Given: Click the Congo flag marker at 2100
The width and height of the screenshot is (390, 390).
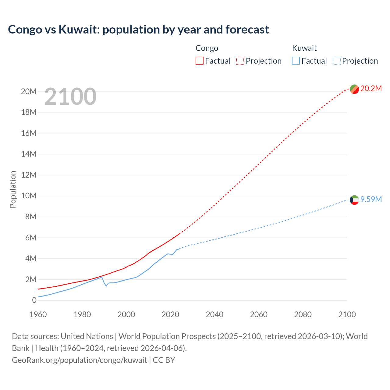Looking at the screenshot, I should [x=354, y=89].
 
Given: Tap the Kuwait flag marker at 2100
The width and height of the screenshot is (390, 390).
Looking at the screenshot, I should [x=354, y=200].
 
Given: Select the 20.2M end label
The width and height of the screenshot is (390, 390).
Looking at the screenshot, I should [x=371, y=89].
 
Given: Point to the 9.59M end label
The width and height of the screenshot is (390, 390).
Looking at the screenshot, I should [x=371, y=199].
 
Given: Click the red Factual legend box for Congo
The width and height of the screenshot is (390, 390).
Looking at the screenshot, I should [x=199, y=61].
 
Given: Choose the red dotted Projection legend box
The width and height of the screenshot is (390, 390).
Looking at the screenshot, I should [x=240, y=61].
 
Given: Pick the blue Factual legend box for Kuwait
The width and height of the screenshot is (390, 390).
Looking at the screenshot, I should [x=296, y=61].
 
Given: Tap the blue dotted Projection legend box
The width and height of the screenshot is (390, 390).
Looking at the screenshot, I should [x=337, y=61].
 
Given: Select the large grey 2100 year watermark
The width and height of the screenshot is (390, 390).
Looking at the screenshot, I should [x=70, y=97].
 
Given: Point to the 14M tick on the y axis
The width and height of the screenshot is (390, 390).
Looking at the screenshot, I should [x=29, y=154].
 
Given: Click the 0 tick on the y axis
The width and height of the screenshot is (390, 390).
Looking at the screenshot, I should [x=34, y=300].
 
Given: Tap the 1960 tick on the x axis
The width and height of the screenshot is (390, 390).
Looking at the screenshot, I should [x=38, y=314].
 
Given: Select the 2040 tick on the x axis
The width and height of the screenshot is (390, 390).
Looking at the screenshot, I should [x=214, y=314].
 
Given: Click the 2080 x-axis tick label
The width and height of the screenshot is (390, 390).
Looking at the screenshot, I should [x=303, y=314].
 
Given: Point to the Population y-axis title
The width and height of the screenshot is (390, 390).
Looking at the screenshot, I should [x=13, y=189].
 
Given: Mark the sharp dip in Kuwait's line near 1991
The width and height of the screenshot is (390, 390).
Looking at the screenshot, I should [x=106, y=286].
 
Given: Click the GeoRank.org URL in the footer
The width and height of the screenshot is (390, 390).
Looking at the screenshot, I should [x=80, y=360].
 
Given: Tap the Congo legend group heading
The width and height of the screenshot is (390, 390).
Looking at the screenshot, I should [x=207, y=48].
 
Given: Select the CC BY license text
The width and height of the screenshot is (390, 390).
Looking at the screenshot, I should [x=164, y=360].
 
